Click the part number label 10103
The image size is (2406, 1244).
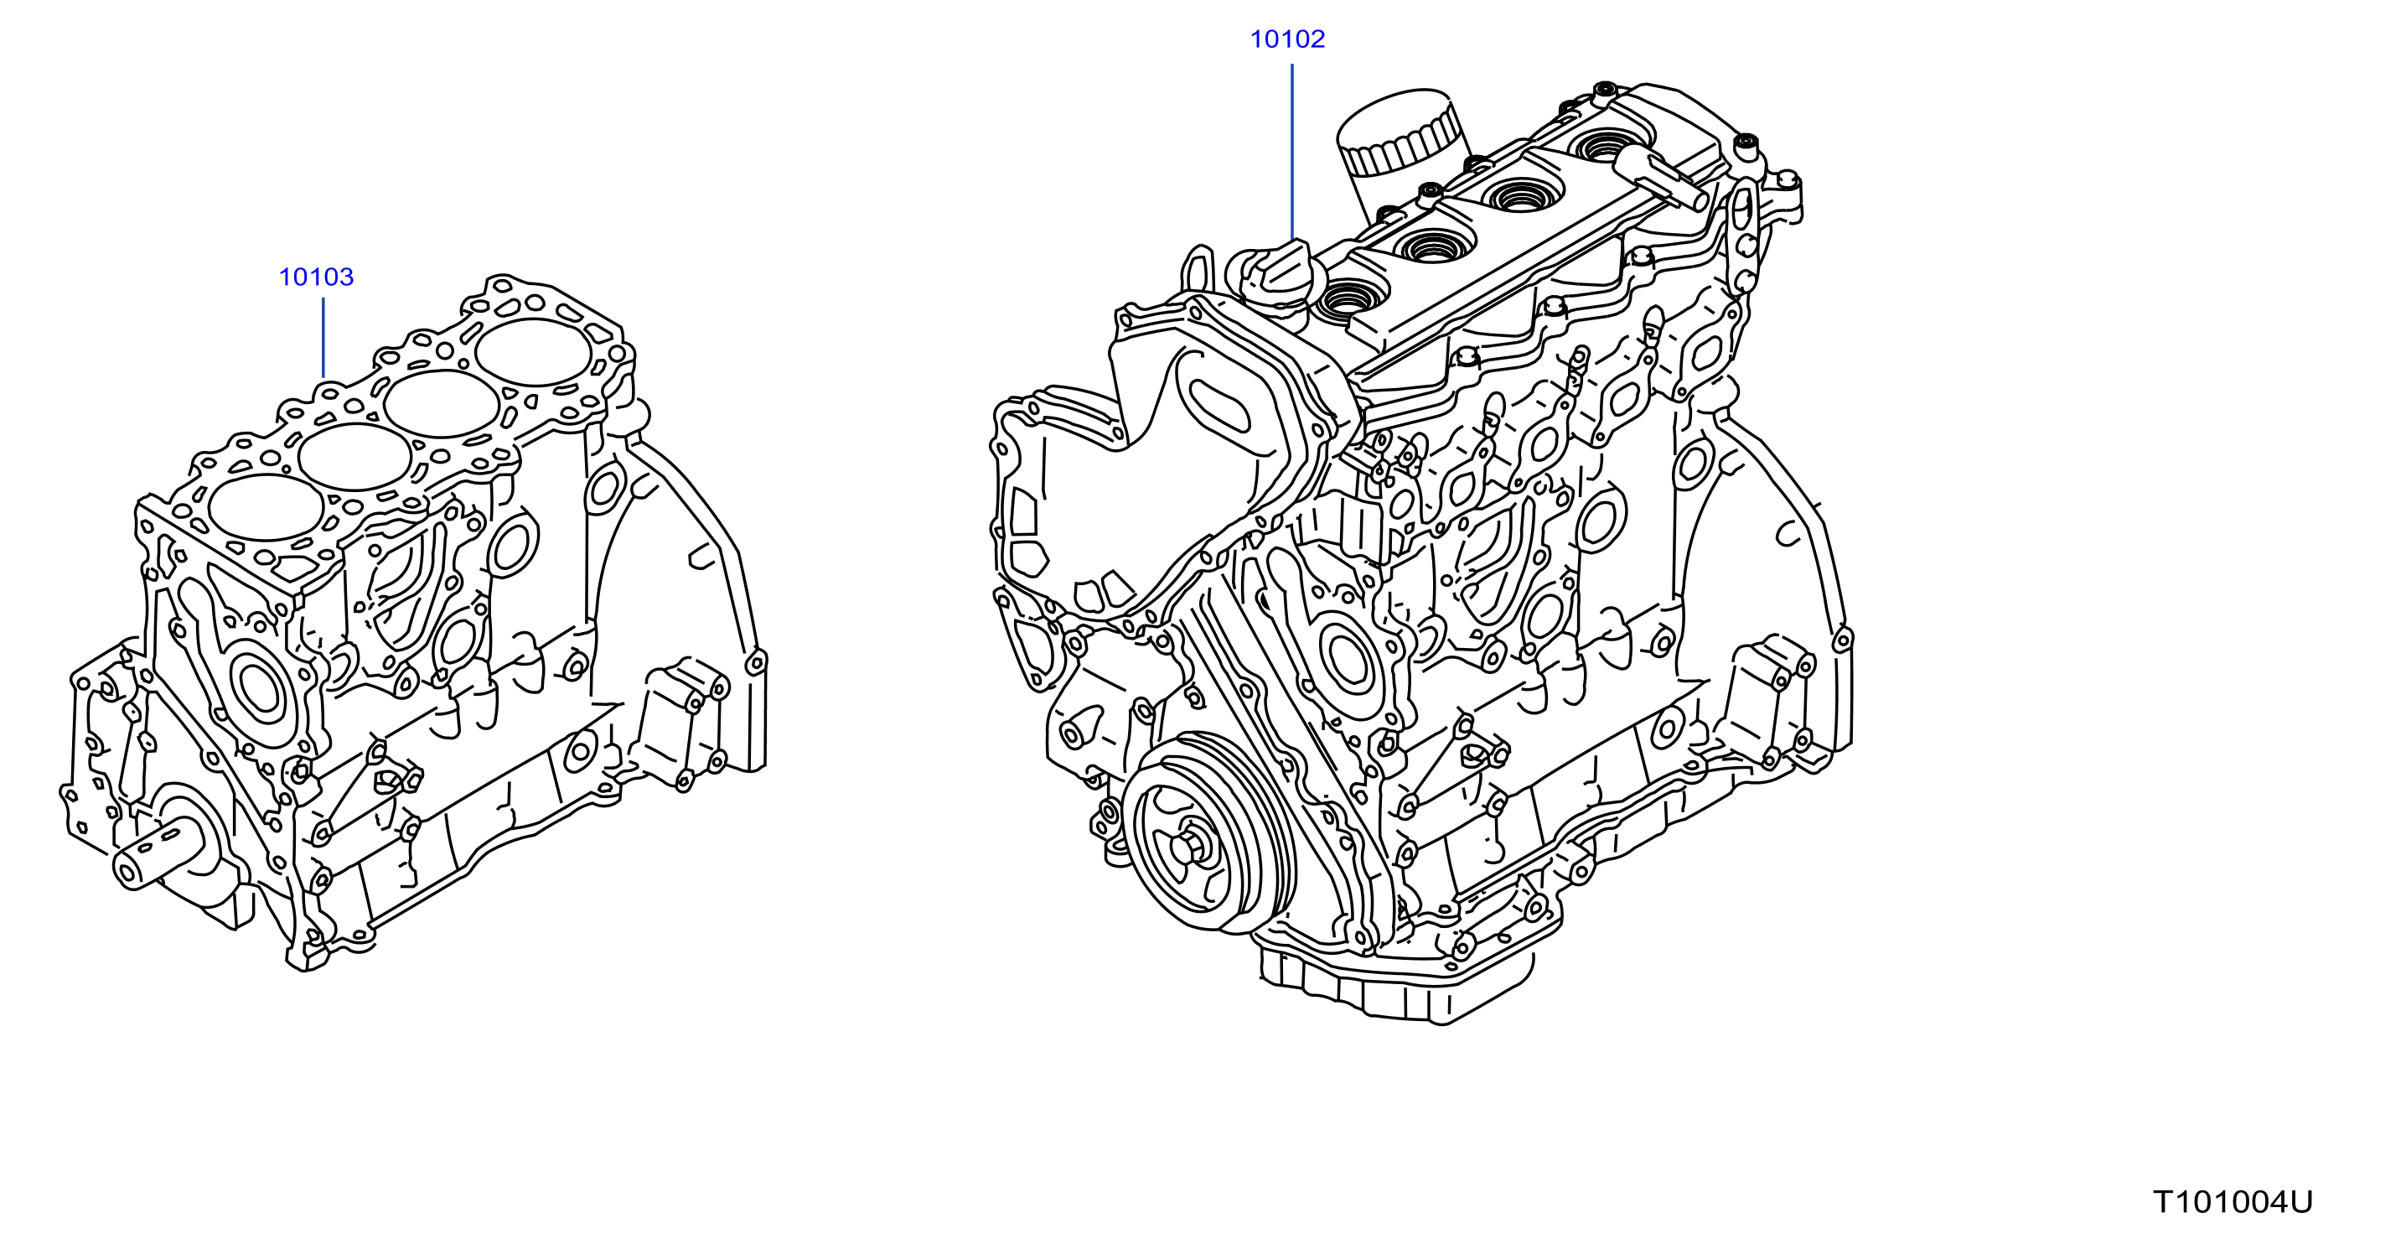point(316,277)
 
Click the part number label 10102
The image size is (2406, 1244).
point(1287,39)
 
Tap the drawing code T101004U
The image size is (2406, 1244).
point(2233,1201)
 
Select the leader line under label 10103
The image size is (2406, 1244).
point(323,337)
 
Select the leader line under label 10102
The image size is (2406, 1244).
point(1291,153)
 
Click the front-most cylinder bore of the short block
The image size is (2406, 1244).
point(267,507)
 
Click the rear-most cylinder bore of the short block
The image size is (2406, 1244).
point(533,352)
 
